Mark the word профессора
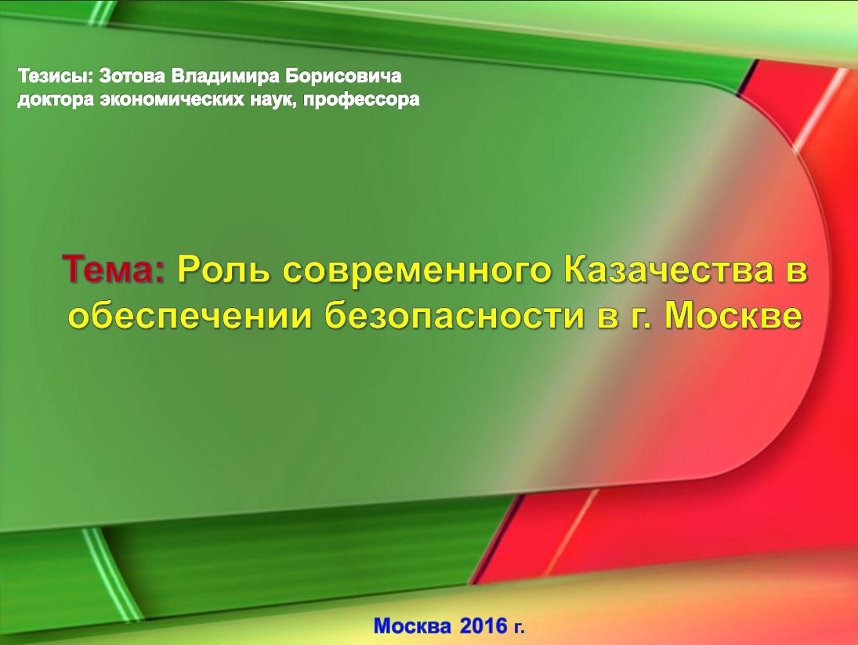[x=361, y=100]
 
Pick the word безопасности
[x=454, y=316]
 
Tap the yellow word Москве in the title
[x=733, y=315]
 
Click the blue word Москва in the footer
[x=413, y=625]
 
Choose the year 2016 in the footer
[x=483, y=625]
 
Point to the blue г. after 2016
[x=519, y=627]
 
